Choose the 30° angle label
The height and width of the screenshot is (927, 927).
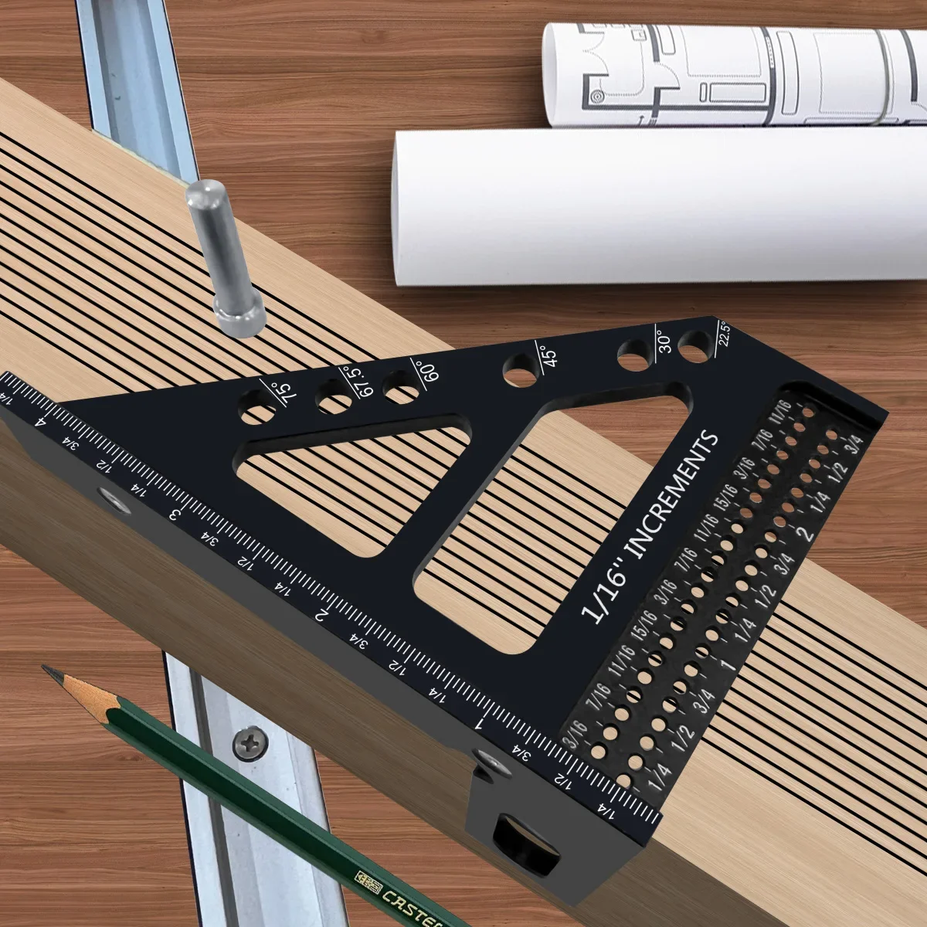coord(664,341)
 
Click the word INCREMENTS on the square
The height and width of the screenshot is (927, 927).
coord(670,494)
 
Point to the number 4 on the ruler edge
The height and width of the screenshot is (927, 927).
coord(40,423)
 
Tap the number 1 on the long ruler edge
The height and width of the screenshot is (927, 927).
coord(480,725)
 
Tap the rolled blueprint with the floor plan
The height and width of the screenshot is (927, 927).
coord(734,73)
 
